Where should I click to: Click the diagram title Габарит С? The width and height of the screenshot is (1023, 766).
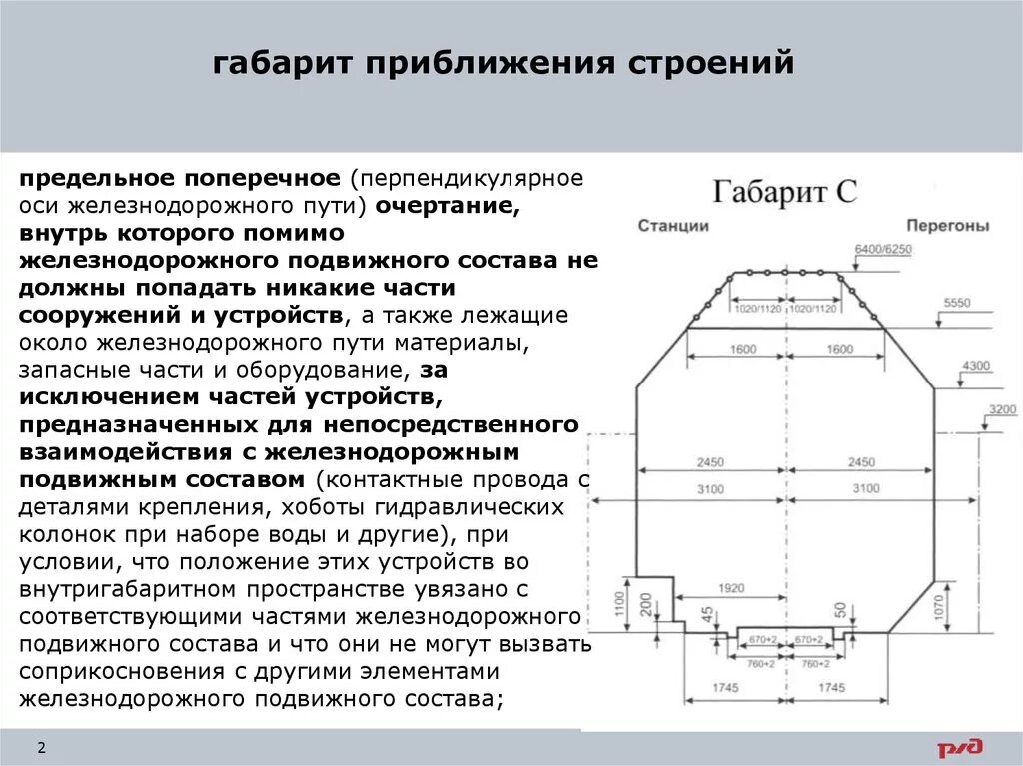784,191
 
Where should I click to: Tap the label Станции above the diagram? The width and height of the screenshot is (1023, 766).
673,226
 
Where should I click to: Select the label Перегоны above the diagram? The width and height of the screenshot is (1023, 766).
948,226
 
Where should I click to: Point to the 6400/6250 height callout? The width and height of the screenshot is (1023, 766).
883,248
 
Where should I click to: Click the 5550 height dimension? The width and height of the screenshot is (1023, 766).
956,302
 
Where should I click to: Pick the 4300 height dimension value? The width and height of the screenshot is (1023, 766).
976,366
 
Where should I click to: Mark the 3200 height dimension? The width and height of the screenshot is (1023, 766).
1002,409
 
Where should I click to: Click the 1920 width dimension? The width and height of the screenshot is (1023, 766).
731,589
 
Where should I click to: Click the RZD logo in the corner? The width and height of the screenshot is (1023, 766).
959,747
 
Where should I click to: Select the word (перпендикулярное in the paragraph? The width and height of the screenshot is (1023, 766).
466,179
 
